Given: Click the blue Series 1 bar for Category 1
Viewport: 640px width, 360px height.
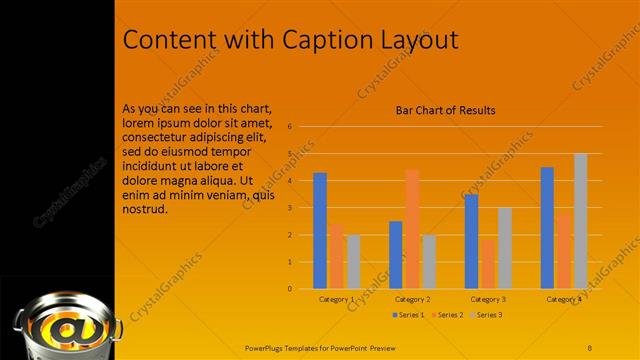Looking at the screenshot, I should coord(320,231).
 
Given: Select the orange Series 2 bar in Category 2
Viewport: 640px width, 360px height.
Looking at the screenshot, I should coord(412,229).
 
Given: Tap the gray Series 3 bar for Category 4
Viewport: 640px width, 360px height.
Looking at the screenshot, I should coord(580,221).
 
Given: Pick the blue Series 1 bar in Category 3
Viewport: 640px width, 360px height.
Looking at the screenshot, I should coord(472,241).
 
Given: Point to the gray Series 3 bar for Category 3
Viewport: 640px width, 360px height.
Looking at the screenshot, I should coord(505,248).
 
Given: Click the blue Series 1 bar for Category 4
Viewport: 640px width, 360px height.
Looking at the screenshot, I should coord(547,228).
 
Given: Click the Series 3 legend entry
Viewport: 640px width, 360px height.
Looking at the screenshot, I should coord(488,315).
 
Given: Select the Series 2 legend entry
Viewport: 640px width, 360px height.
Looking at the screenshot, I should coord(448,315).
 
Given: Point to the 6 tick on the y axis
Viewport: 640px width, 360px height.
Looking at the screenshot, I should coord(288,127).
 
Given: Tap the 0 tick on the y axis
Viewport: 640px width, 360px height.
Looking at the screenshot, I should coord(288,289).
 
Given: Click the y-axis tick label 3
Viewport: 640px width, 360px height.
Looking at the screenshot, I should coord(288,208).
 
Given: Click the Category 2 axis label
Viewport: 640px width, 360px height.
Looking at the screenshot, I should coord(412,299).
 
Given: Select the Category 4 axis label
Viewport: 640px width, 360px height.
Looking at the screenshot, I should coord(563,299).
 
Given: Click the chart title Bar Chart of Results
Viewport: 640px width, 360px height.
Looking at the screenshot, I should coord(445,110).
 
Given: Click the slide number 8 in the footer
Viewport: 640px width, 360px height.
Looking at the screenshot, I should coord(590,347).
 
